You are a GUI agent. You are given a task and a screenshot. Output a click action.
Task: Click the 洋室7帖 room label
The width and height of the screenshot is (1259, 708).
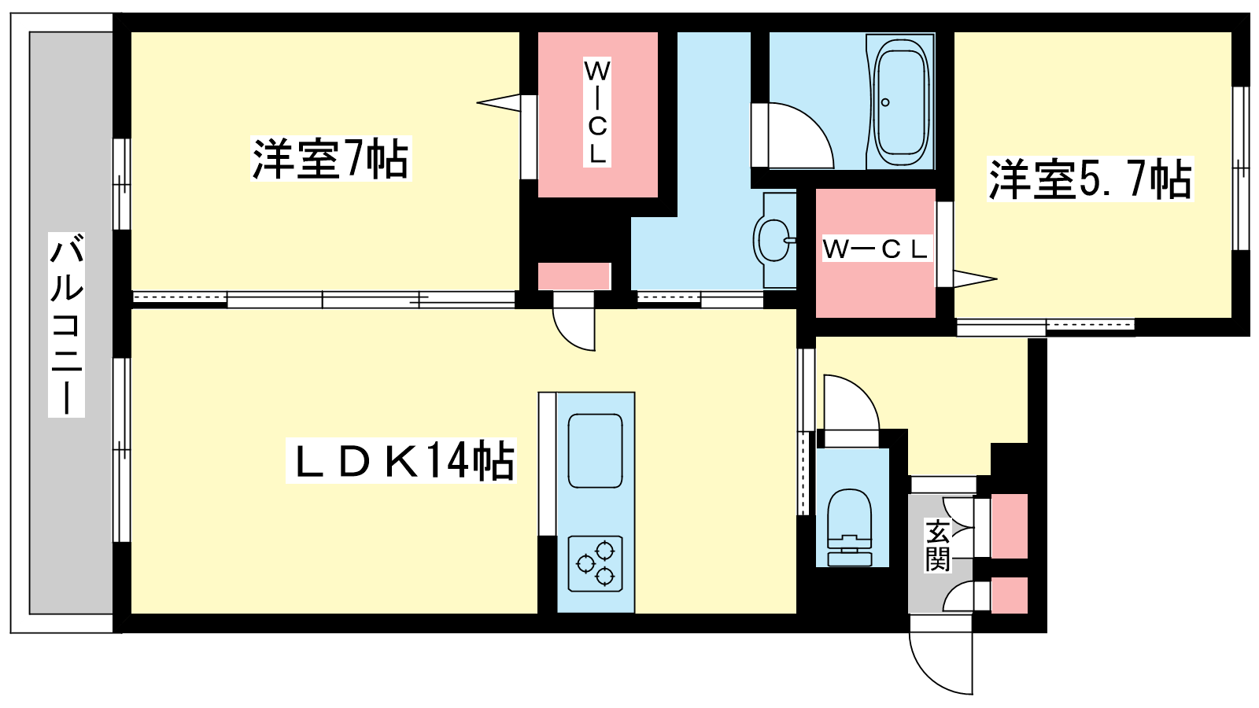pos(330,159)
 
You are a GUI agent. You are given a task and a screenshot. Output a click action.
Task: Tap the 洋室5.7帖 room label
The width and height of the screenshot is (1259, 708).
pos(1090,179)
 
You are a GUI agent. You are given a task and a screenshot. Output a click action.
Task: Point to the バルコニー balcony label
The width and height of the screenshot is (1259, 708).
pos(66,323)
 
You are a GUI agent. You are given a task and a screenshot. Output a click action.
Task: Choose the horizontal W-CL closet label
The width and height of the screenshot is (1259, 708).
pos(876,249)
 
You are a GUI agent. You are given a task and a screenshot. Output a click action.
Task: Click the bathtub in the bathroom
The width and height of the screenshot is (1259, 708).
pos(901,102)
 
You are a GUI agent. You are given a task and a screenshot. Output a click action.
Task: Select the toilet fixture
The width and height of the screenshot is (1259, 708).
pos(849,527)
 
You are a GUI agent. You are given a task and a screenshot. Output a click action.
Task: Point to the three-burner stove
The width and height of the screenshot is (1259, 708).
pos(595,563)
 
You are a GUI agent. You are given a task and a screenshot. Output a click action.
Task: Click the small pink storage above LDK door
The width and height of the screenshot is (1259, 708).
pos(574,276)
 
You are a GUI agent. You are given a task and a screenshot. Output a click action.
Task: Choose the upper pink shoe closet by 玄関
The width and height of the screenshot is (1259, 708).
pos(1009,525)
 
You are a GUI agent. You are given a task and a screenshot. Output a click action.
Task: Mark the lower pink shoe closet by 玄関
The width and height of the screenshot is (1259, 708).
pos(1009,595)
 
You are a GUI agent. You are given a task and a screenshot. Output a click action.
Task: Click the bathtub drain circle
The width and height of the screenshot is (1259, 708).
pos(885,102)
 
